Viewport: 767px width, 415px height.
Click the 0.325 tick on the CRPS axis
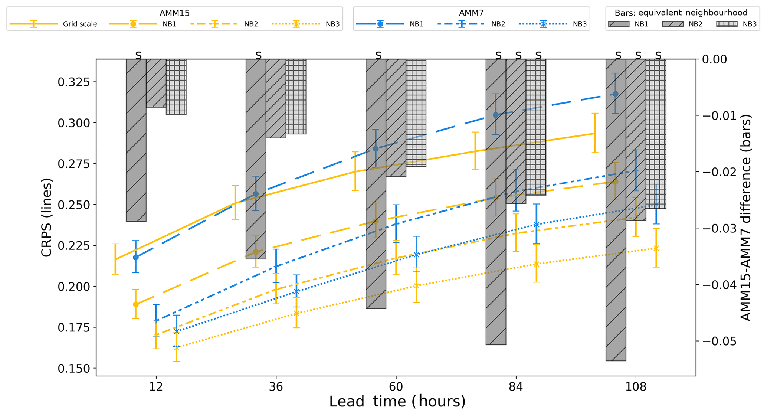click(74, 82)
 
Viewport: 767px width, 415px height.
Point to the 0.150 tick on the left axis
click(74, 369)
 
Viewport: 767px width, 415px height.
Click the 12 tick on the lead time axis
click(156, 387)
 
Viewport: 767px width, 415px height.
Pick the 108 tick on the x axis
click(636, 387)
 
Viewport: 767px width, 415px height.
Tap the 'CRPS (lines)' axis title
click(47, 218)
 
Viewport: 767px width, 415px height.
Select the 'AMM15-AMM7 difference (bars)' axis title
click(746, 218)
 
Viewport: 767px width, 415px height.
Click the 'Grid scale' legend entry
click(80, 24)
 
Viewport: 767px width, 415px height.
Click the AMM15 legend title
click(174, 13)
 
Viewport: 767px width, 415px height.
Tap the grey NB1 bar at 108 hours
click(616, 210)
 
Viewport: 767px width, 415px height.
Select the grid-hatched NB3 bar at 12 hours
click(176, 87)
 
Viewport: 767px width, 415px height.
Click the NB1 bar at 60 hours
click(376, 184)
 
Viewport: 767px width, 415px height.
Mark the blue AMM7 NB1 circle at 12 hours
click(136, 257)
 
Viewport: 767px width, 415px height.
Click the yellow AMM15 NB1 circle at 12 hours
click(136, 304)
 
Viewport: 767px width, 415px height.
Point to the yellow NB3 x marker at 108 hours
click(656, 248)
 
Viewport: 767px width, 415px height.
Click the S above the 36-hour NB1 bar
click(258, 56)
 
